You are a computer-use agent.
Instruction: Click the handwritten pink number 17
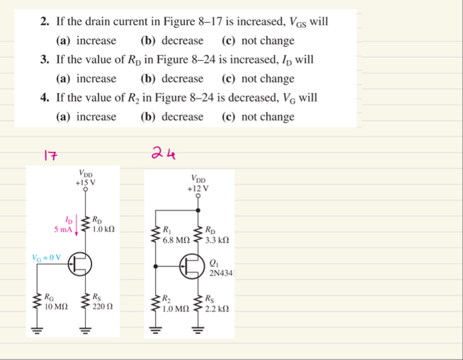[50, 156]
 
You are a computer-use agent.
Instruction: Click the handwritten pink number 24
[163, 153]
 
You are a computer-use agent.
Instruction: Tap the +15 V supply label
[86, 183]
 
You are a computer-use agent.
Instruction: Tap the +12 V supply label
[198, 190]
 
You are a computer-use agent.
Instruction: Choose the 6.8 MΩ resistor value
[176, 241]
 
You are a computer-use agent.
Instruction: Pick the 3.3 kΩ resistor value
[216, 241]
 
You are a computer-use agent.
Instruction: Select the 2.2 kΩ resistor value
[216, 309]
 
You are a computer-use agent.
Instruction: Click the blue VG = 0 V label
[47, 258]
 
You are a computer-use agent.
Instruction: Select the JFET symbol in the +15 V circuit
[77, 265]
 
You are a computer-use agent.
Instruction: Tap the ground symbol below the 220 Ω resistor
[86, 329]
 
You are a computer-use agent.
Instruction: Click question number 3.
[44, 60]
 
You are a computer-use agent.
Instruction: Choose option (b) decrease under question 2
[171, 41]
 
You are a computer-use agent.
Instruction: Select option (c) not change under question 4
[258, 116]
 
